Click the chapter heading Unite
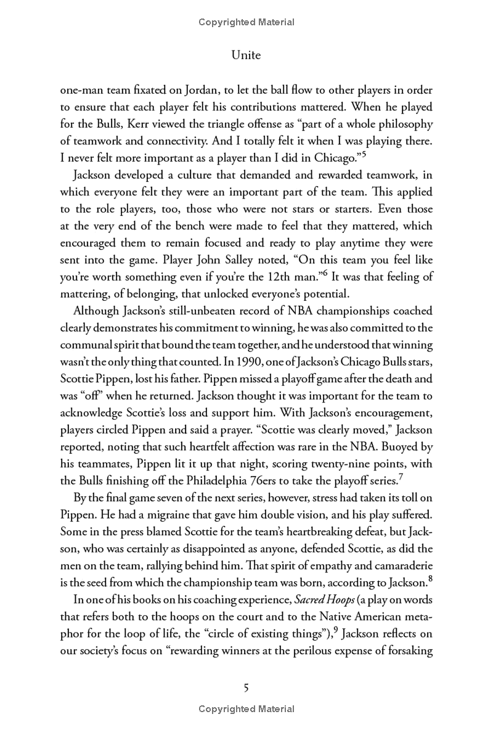pyautogui.click(x=246, y=55)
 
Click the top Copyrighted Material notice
pyautogui.click(x=246, y=22)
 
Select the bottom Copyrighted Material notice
pyautogui.click(x=246, y=709)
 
